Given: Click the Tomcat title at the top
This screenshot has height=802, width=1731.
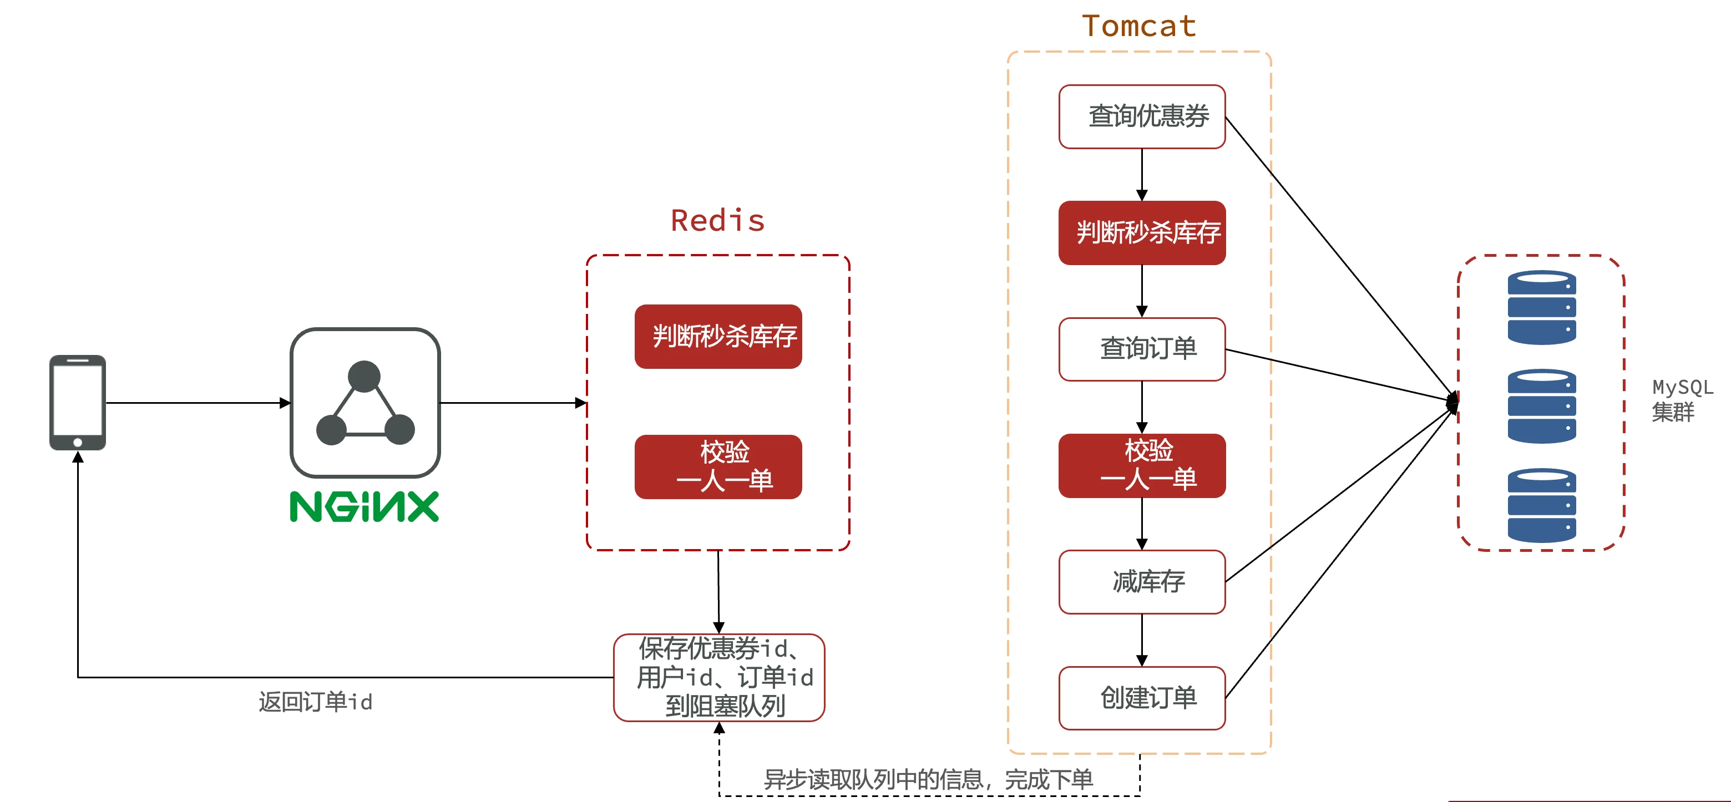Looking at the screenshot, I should [1138, 27].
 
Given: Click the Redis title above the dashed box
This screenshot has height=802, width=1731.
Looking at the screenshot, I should [718, 221].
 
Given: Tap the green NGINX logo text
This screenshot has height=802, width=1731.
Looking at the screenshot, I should [364, 507].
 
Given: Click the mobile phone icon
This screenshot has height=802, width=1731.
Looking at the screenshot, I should [77, 402].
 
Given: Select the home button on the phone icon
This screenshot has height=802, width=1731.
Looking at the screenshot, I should [77, 442].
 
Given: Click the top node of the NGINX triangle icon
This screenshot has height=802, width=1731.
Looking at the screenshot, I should [364, 376].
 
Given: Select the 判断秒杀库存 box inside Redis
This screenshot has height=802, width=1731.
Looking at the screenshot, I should [718, 337].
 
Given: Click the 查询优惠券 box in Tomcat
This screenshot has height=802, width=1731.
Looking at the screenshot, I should [1142, 117].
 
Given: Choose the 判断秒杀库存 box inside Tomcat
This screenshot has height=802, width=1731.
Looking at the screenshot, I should [1142, 233].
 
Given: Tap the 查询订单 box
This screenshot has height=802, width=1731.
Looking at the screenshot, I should [1142, 349].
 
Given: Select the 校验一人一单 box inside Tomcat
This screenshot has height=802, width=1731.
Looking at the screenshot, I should [1142, 465].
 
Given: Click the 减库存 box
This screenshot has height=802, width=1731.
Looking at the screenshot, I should [1142, 582].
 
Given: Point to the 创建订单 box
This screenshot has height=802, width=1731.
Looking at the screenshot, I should [1142, 698].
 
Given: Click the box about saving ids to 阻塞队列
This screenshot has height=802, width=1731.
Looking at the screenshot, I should [718, 677].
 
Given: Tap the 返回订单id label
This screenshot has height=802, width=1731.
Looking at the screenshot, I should [315, 702].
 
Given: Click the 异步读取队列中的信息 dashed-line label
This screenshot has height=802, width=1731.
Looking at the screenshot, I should [927, 780].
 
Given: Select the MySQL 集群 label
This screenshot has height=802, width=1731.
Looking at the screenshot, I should [1681, 400].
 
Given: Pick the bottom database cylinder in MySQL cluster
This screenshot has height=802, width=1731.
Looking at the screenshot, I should [1541, 505].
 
